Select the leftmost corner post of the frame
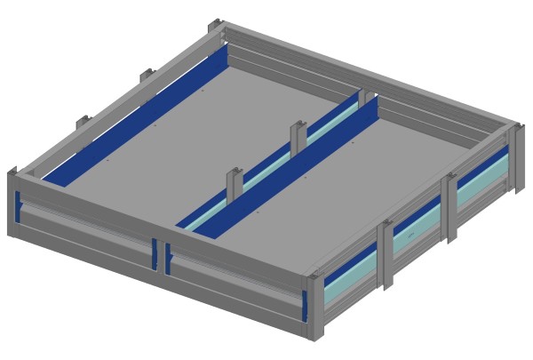pos(12,204)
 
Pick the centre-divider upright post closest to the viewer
pos(235,183)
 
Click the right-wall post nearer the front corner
pos(387,253)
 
